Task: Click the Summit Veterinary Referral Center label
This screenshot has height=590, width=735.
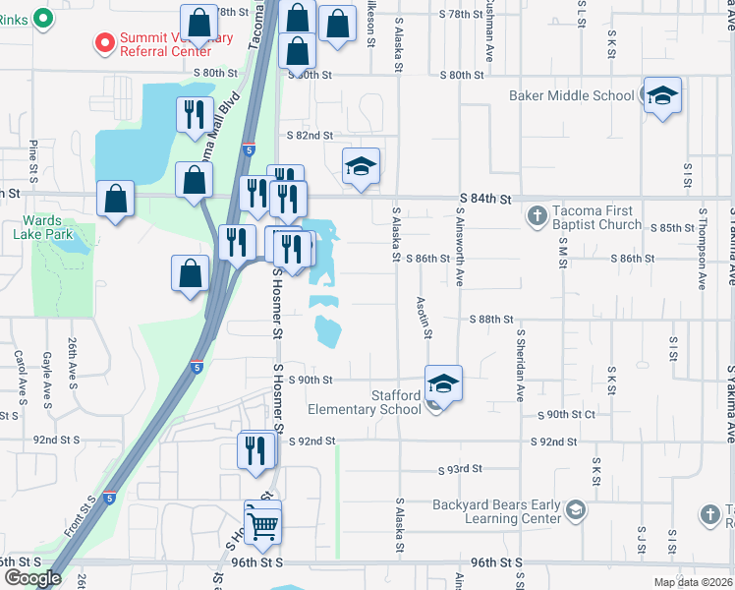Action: [x=177, y=44]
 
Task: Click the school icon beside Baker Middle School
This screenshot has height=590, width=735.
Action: [x=662, y=96]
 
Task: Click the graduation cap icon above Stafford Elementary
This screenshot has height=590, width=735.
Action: [x=443, y=383]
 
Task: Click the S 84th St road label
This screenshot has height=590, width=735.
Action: [x=485, y=200]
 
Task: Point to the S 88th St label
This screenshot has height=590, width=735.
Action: [x=491, y=320]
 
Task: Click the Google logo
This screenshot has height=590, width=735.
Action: [x=31, y=578]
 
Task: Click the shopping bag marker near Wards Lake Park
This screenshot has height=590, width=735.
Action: [x=116, y=199]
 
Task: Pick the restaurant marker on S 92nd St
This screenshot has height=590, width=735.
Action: [x=256, y=451]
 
